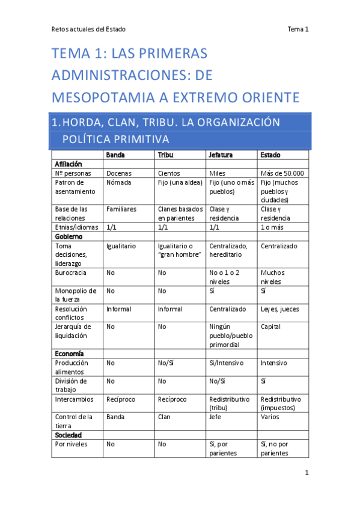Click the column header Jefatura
(221, 155)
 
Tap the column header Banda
(115, 155)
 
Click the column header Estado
(270, 155)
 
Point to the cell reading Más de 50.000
(282, 173)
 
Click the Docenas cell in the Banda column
(119, 173)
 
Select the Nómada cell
(118, 182)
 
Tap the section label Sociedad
(68, 435)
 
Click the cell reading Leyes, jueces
(280, 309)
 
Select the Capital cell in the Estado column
(271, 327)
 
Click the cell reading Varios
(271, 417)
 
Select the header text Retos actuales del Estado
(88, 29)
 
